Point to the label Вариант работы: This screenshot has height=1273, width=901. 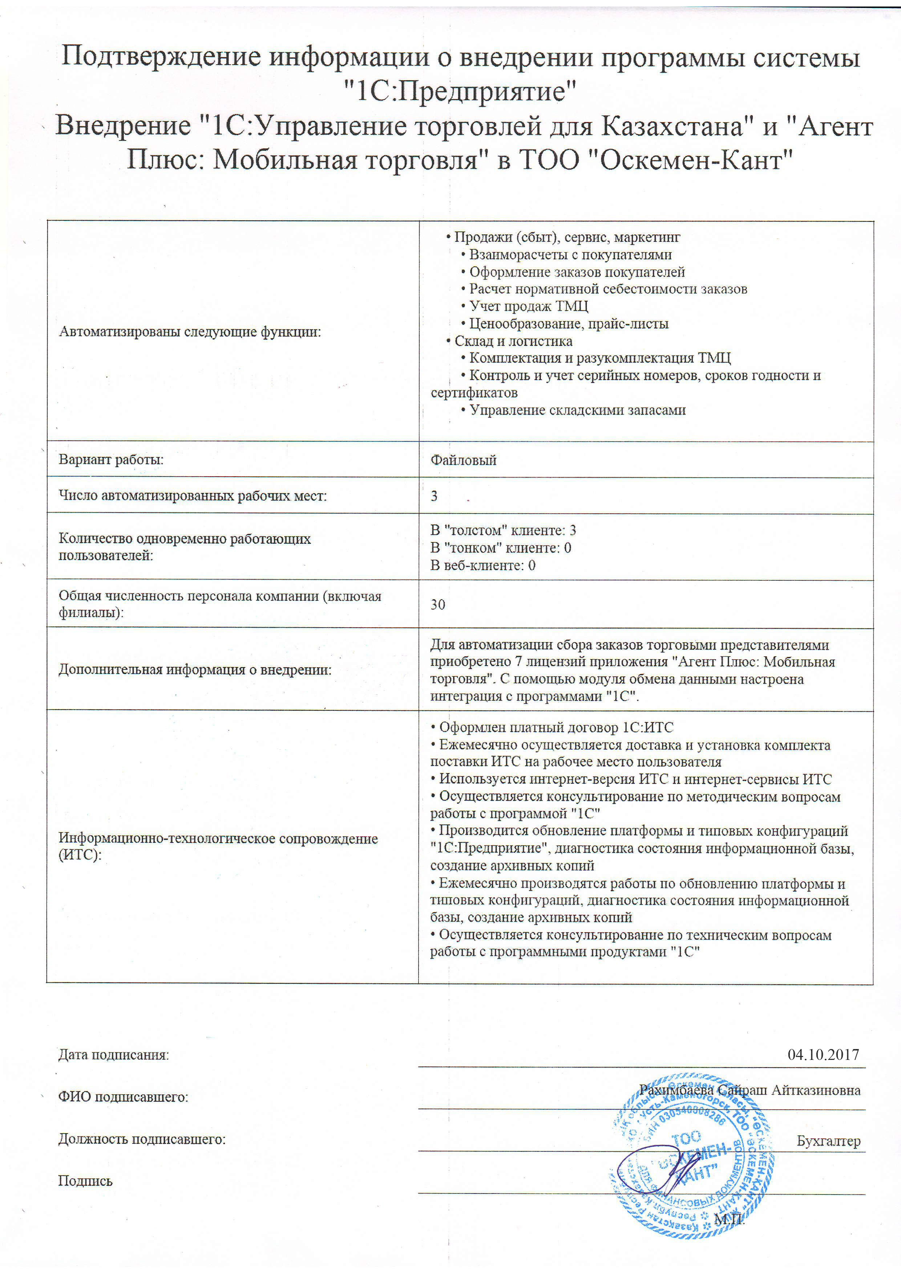(111, 460)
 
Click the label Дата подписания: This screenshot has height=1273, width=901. (113, 1054)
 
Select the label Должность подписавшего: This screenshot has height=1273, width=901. (142, 1139)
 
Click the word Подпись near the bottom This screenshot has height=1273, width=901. (85, 1181)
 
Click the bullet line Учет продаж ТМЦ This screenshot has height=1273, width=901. (528, 306)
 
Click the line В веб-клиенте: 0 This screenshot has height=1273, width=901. (483, 566)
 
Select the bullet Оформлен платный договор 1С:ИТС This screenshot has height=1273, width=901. (555, 727)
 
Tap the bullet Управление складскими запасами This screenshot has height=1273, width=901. (577, 410)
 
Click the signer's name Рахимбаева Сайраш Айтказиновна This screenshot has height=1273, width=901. (750, 1090)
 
